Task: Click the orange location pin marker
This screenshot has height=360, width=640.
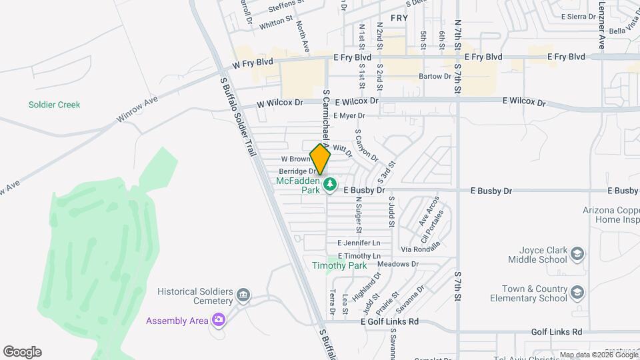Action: click(x=320, y=159)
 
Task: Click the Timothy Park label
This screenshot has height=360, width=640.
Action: click(x=339, y=265)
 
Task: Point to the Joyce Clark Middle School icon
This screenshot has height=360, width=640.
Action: click(x=577, y=253)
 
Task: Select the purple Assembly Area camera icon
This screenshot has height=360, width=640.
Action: click(x=218, y=321)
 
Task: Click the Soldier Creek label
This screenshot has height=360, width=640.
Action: click(x=54, y=105)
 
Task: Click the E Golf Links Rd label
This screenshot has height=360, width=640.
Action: click(x=389, y=321)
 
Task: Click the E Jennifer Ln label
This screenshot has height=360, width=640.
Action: click(x=359, y=243)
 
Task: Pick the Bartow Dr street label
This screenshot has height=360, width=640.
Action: click(x=435, y=77)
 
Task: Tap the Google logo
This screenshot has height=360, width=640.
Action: click(x=22, y=351)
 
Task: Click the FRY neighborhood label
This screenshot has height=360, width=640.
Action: click(x=399, y=18)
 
